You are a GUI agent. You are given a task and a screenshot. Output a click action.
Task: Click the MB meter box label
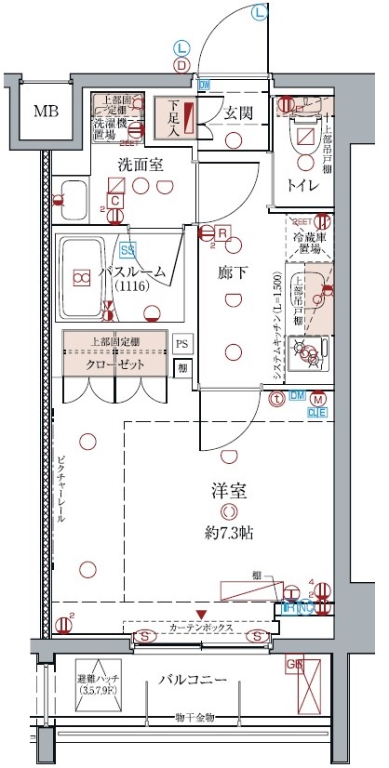(x=45, y=113)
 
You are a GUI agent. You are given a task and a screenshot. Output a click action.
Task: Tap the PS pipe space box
(x=183, y=343)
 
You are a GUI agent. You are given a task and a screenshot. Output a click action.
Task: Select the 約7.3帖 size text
(x=228, y=534)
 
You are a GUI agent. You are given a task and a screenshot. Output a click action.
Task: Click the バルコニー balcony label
(x=191, y=681)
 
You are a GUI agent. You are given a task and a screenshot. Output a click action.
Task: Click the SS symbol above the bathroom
(x=126, y=249)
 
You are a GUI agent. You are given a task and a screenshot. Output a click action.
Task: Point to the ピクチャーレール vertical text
(x=60, y=492)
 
